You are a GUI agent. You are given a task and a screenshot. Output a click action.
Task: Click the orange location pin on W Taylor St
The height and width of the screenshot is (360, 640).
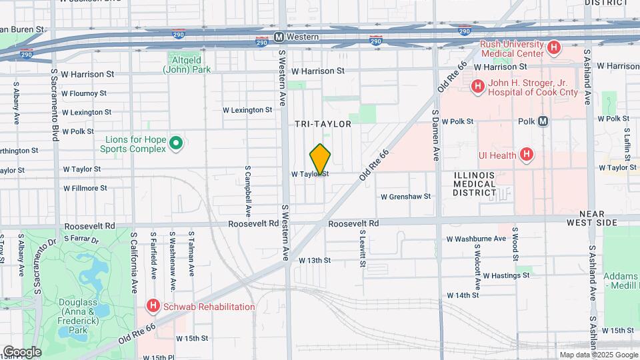[x=320, y=159]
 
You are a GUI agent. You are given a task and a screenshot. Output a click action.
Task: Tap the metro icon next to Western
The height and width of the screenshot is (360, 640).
[x=279, y=37]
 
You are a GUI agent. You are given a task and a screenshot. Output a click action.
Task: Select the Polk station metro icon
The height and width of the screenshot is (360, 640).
[x=543, y=121]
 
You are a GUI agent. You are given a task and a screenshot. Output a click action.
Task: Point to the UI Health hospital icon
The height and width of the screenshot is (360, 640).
[x=527, y=155]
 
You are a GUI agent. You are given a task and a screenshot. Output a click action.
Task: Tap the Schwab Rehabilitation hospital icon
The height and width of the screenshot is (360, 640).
[x=153, y=307]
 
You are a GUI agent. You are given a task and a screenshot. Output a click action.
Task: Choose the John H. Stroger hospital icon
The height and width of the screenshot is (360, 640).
[x=477, y=86]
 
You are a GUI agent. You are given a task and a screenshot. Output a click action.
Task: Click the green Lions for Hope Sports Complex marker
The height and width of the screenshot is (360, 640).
[x=176, y=143]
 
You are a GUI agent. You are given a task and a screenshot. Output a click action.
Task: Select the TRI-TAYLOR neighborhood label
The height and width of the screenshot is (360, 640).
[x=323, y=124]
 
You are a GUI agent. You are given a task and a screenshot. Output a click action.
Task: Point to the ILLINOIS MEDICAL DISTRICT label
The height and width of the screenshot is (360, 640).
[x=474, y=184]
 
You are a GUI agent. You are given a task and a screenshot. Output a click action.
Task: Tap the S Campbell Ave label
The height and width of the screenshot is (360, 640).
[x=247, y=191]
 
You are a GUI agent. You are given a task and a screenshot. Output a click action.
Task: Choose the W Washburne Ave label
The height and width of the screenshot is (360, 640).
[x=476, y=239]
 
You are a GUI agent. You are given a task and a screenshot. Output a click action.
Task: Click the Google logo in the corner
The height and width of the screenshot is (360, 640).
[x=22, y=351]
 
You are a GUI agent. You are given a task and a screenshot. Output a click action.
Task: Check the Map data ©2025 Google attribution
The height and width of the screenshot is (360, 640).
[x=597, y=355]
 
